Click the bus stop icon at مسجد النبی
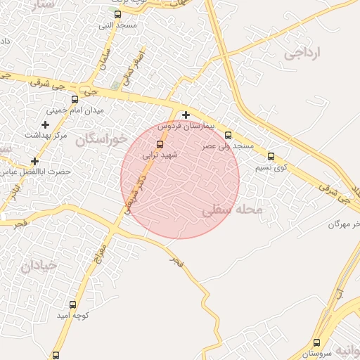[117, 14]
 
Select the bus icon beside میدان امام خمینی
[75, 99]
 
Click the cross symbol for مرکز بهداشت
[46, 124]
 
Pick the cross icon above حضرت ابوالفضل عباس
[34, 161]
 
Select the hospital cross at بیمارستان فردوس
[186, 115]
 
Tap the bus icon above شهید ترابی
[160, 144]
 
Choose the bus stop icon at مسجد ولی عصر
[228, 135]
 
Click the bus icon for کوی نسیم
[271, 157]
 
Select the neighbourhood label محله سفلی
[232, 210]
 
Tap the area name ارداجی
[302, 53]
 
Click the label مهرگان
[344, 224]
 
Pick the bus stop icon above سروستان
[316, 343]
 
